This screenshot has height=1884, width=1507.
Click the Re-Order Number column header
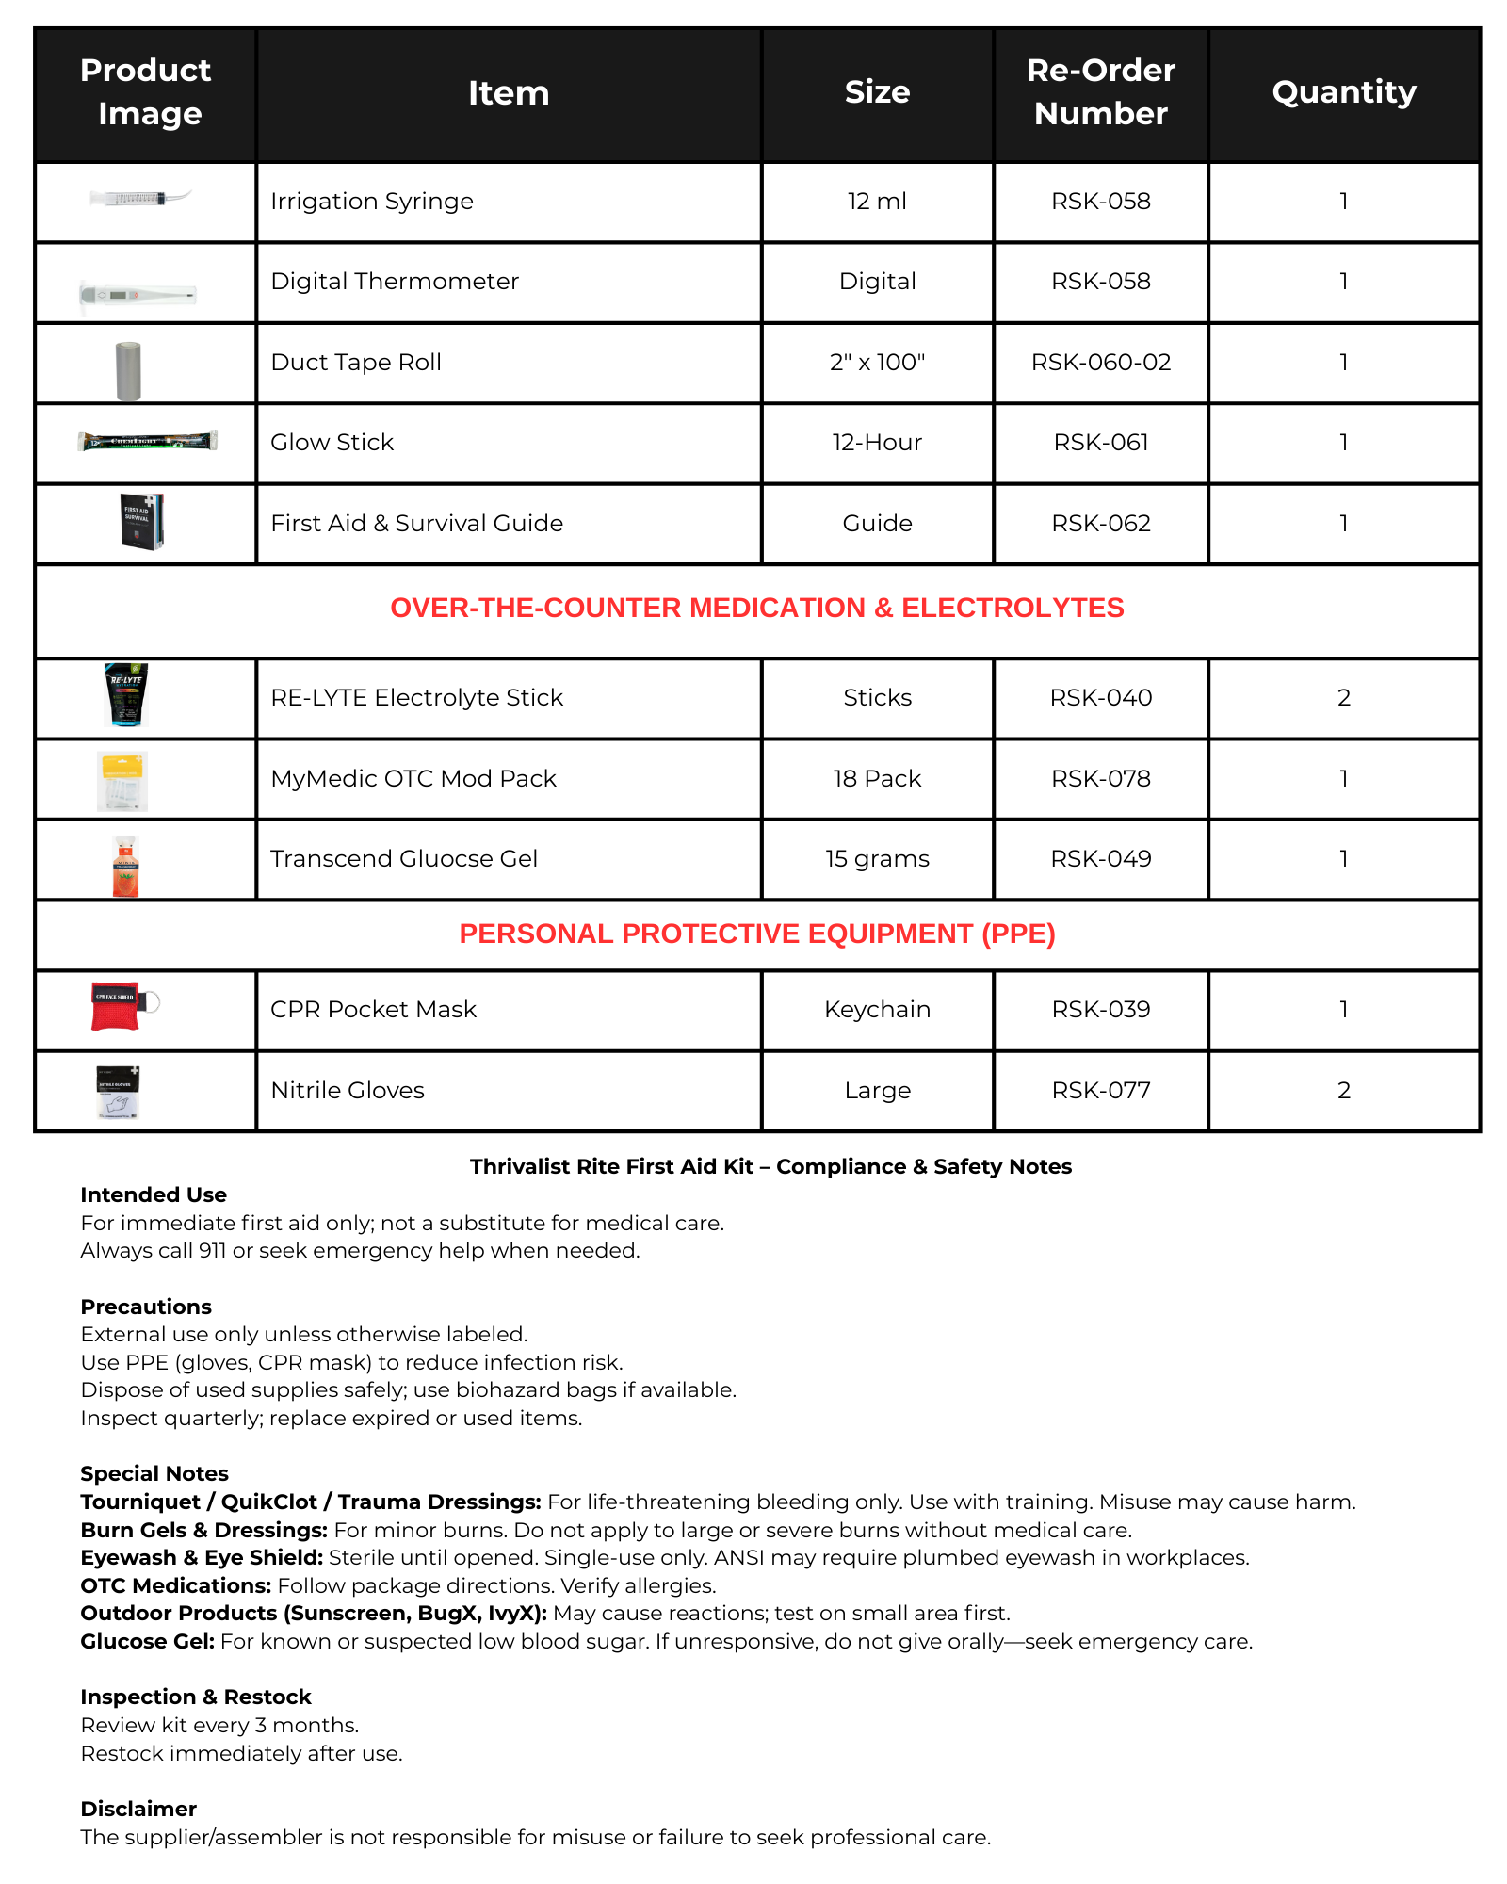tap(1100, 92)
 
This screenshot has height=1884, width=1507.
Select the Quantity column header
tap(1343, 92)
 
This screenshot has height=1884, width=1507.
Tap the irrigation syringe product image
tap(140, 199)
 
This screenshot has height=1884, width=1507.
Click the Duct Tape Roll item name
tap(356, 363)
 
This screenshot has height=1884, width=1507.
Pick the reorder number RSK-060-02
tap(1100, 363)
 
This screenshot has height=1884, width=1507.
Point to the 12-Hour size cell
tap(877, 443)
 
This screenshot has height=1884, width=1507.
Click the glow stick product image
tap(148, 441)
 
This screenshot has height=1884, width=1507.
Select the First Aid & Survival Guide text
tap(416, 524)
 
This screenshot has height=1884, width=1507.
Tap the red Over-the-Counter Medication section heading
tap(756, 609)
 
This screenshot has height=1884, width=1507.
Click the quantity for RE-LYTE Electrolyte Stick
tap(1343, 698)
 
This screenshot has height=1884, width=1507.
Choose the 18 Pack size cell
tap(877, 779)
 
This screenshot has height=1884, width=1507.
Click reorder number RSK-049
tap(1100, 859)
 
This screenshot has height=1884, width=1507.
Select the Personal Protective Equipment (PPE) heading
tap(756, 934)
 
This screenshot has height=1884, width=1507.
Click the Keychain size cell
tap(877, 1010)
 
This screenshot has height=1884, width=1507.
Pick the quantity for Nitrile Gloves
tap(1343, 1091)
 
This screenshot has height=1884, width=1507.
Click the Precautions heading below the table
tap(146, 1307)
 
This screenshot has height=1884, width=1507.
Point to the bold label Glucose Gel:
tap(148, 1642)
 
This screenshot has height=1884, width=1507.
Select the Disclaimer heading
tap(138, 1810)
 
